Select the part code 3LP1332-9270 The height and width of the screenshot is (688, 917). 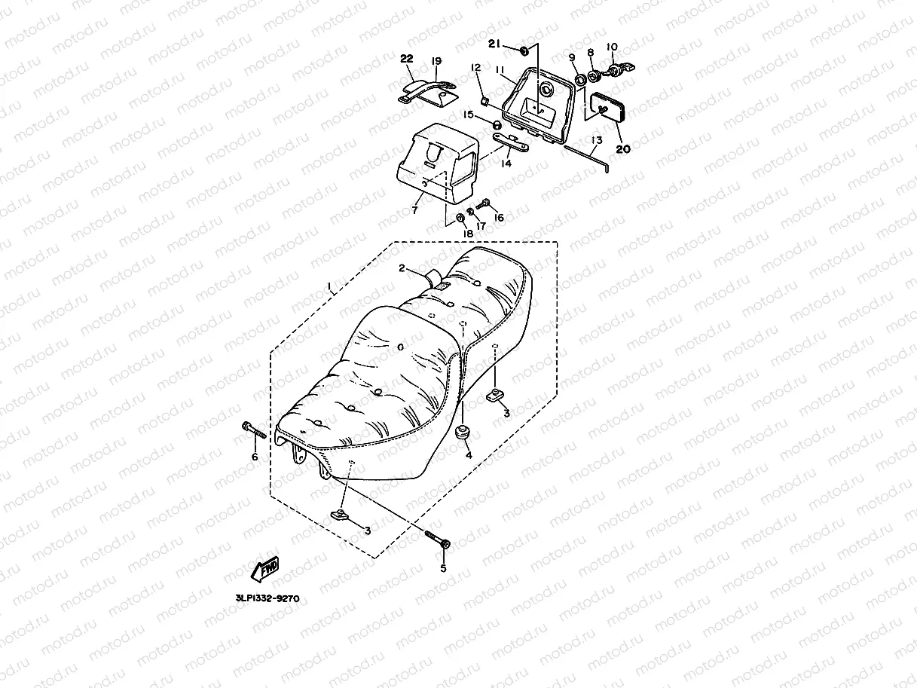[x=267, y=599]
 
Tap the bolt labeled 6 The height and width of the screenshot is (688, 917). [x=254, y=430]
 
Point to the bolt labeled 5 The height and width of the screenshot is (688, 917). [x=437, y=540]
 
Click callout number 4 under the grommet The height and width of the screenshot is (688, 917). [x=468, y=455]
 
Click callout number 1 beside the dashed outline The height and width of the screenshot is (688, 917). [x=329, y=287]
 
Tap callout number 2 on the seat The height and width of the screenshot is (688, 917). [x=402, y=268]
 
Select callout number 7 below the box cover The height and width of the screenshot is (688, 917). [x=414, y=210]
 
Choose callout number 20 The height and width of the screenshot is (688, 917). [x=622, y=149]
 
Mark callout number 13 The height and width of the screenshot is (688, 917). [x=597, y=140]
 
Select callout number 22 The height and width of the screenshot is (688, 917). [x=406, y=60]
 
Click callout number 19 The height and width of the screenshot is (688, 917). [x=436, y=60]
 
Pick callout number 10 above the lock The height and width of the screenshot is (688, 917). [x=611, y=47]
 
